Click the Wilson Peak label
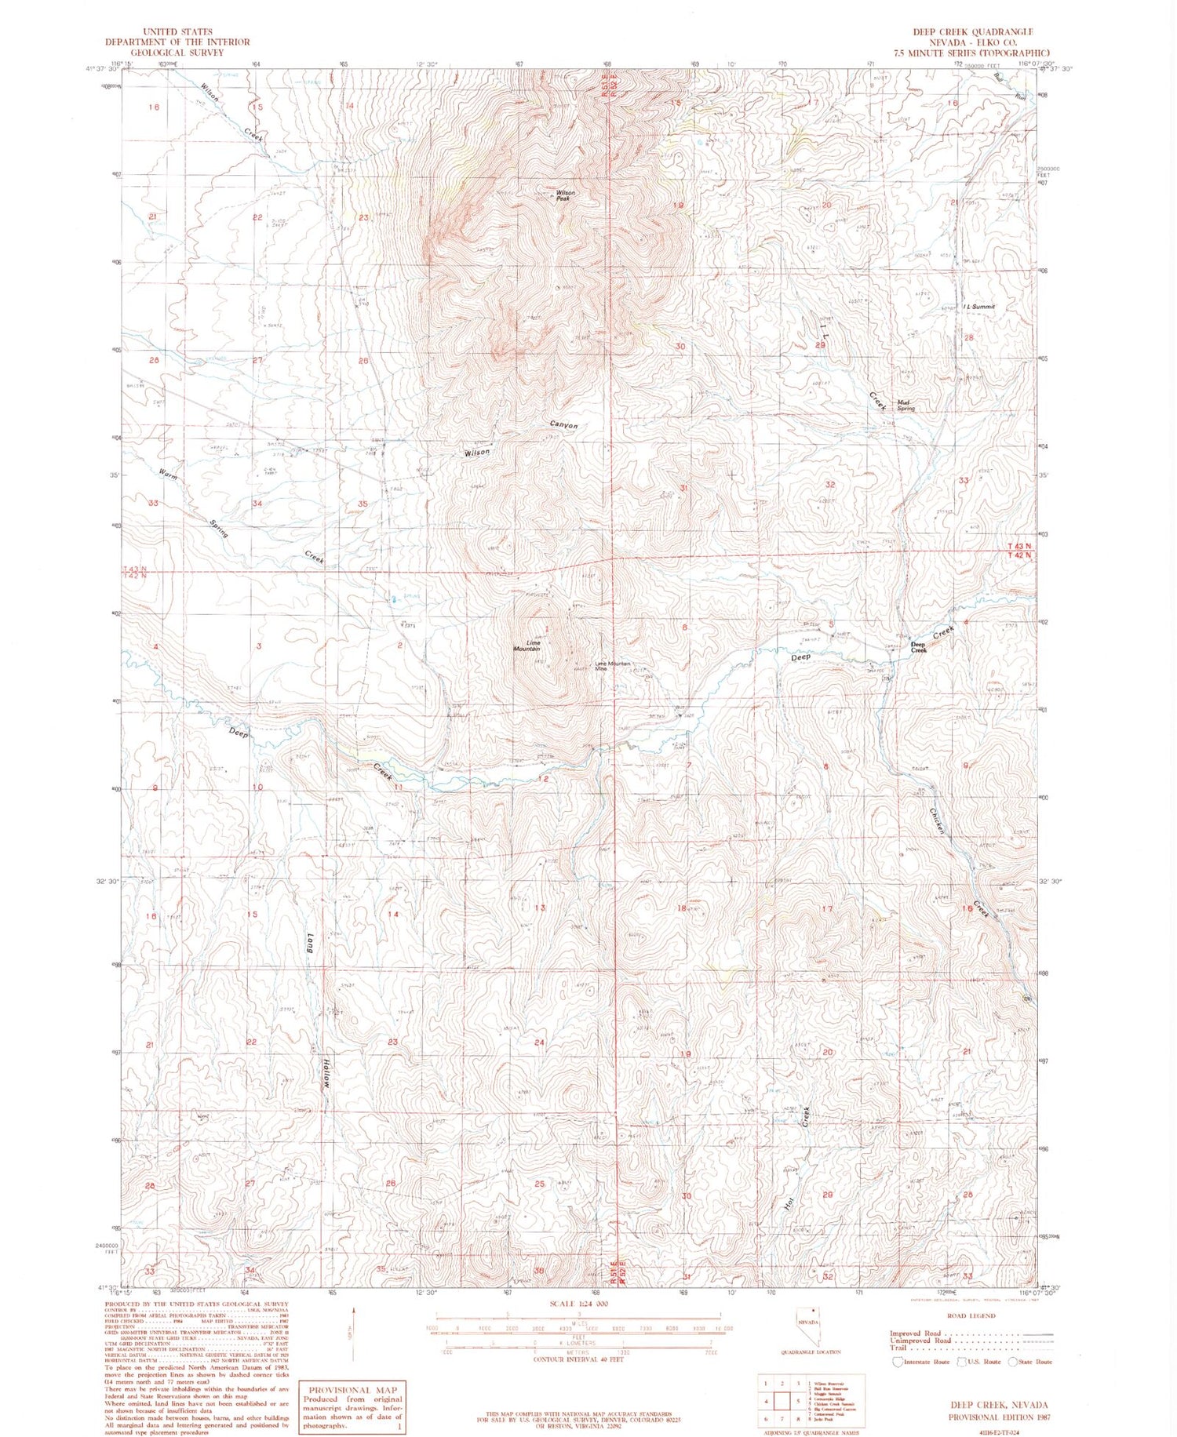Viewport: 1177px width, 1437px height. [x=566, y=195]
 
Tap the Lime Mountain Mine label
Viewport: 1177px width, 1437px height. [x=613, y=666]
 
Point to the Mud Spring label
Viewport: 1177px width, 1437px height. [x=906, y=406]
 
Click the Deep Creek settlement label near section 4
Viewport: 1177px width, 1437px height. [x=918, y=648]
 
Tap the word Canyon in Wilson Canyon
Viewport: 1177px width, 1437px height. [x=563, y=425]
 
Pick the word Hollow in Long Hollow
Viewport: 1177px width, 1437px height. [x=325, y=1073]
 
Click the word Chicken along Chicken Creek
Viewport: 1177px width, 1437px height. [x=938, y=821]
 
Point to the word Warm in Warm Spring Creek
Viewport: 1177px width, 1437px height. [x=167, y=475]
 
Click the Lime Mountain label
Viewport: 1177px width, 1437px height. [x=527, y=646]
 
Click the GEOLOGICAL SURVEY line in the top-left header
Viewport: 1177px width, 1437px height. [x=177, y=53]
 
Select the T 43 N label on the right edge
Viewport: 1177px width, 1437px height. [x=1019, y=546]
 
